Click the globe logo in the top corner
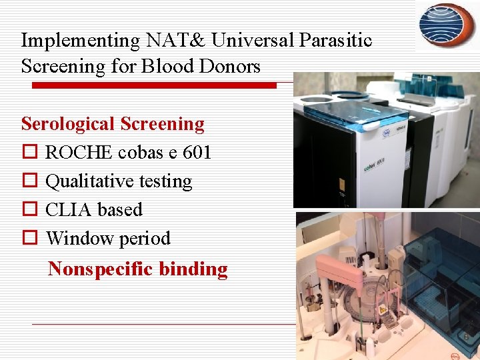447,25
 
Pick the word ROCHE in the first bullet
79,153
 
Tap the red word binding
198,269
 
